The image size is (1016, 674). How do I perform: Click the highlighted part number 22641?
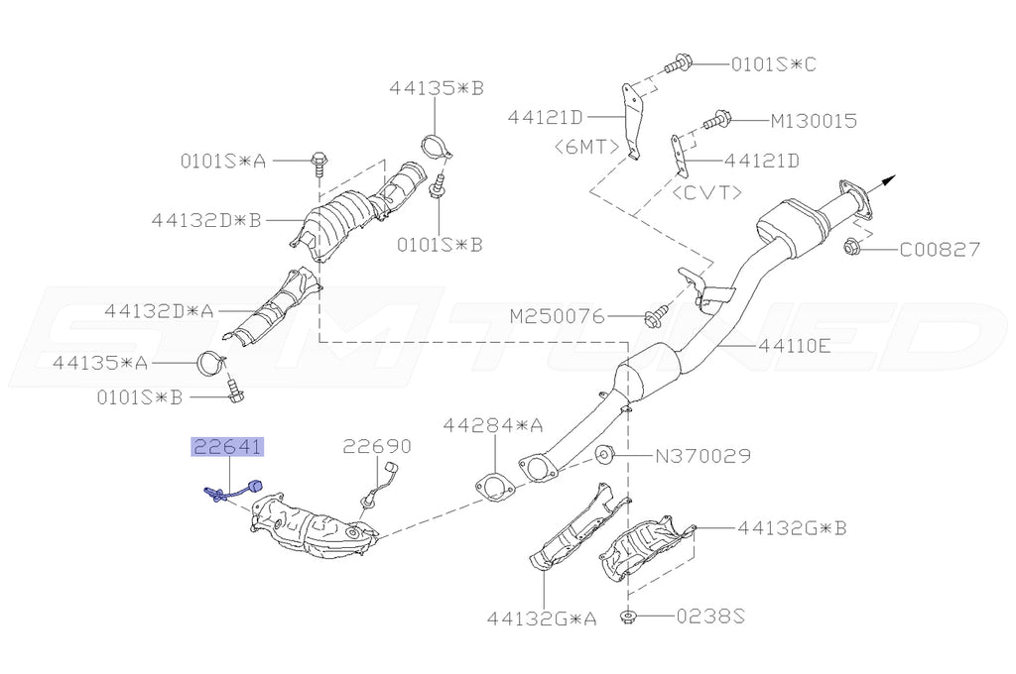[227, 447]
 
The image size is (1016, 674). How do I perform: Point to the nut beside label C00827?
[851, 246]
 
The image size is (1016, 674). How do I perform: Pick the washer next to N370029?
[604, 456]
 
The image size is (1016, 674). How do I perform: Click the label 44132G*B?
[792, 529]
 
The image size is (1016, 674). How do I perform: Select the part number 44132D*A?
[159, 310]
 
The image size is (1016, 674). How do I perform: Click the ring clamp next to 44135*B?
[437, 146]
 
